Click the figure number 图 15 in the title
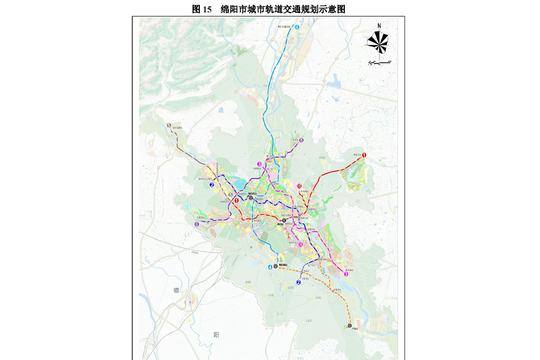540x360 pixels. click(201, 9)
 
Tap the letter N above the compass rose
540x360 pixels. click(379, 26)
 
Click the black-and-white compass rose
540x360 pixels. click(377, 41)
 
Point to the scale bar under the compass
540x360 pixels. click(380, 62)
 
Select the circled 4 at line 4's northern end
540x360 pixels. click(298, 28)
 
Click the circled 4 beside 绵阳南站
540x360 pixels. click(270, 267)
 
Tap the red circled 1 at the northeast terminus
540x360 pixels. click(364, 155)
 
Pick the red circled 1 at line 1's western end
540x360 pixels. click(236, 201)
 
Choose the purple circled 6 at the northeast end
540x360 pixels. click(301, 140)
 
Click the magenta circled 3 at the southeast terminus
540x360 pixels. click(346, 274)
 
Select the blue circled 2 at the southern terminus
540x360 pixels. click(298, 282)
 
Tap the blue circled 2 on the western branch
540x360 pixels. click(212, 185)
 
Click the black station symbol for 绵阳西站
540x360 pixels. click(251, 197)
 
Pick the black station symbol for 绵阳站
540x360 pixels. click(284, 221)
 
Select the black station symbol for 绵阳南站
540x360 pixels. click(276, 266)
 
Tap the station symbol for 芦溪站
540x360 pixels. click(350, 325)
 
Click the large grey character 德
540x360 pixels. click(176, 290)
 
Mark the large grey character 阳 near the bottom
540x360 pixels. click(216, 335)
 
